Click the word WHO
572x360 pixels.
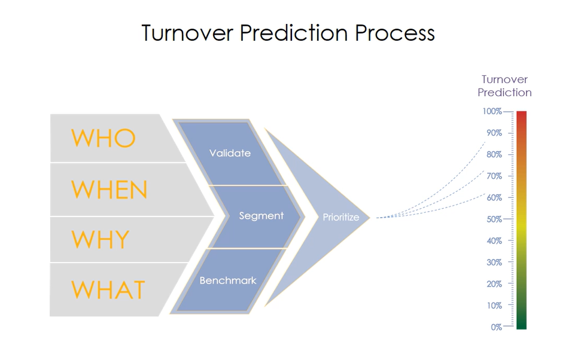click(104, 138)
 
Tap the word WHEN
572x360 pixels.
click(109, 190)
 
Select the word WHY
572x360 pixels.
click(101, 240)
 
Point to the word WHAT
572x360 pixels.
click(108, 290)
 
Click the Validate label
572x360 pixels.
click(230, 153)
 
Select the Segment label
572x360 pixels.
click(261, 216)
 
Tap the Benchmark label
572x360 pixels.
click(228, 280)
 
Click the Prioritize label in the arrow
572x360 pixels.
click(341, 217)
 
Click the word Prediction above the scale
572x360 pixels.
click(504, 93)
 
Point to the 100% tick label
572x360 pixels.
click(492, 111)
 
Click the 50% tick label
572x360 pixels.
click(494, 219)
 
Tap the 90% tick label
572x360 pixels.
click(494, 133)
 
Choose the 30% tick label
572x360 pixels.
click(494, 263)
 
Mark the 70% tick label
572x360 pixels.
click(494, 176)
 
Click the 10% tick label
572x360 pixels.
click(494, 306)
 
